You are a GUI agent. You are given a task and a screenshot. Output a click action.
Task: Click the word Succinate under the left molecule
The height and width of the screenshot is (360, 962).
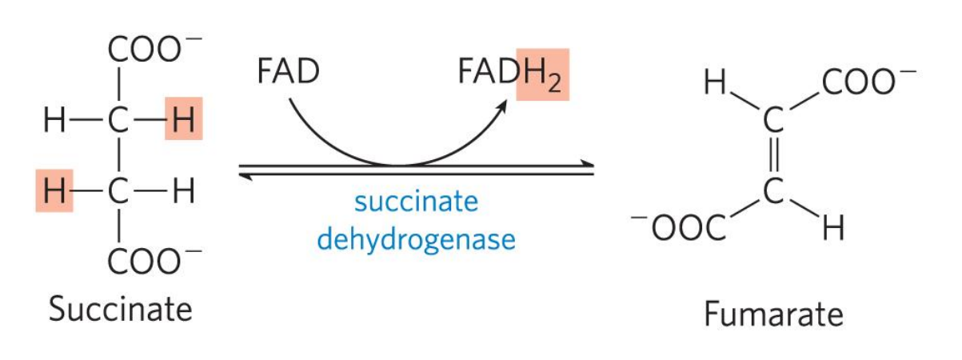pos(121,309)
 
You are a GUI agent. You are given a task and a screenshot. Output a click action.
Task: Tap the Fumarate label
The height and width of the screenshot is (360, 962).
pos(773,314)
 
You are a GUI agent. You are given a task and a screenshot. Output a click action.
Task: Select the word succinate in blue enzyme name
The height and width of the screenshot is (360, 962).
pos(416,201)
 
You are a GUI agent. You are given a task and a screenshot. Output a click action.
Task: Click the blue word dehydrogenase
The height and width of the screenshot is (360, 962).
pos(416,238)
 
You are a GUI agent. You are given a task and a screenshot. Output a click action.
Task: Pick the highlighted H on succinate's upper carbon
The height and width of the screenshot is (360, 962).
pos(183,122)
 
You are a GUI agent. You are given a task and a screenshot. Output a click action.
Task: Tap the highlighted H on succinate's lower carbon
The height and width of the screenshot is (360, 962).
pos(54,192)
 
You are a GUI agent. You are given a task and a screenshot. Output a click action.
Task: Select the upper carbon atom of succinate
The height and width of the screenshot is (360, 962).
pos(118,122)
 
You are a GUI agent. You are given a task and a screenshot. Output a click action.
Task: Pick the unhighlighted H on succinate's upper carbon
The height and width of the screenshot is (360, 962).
pos(54,122)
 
